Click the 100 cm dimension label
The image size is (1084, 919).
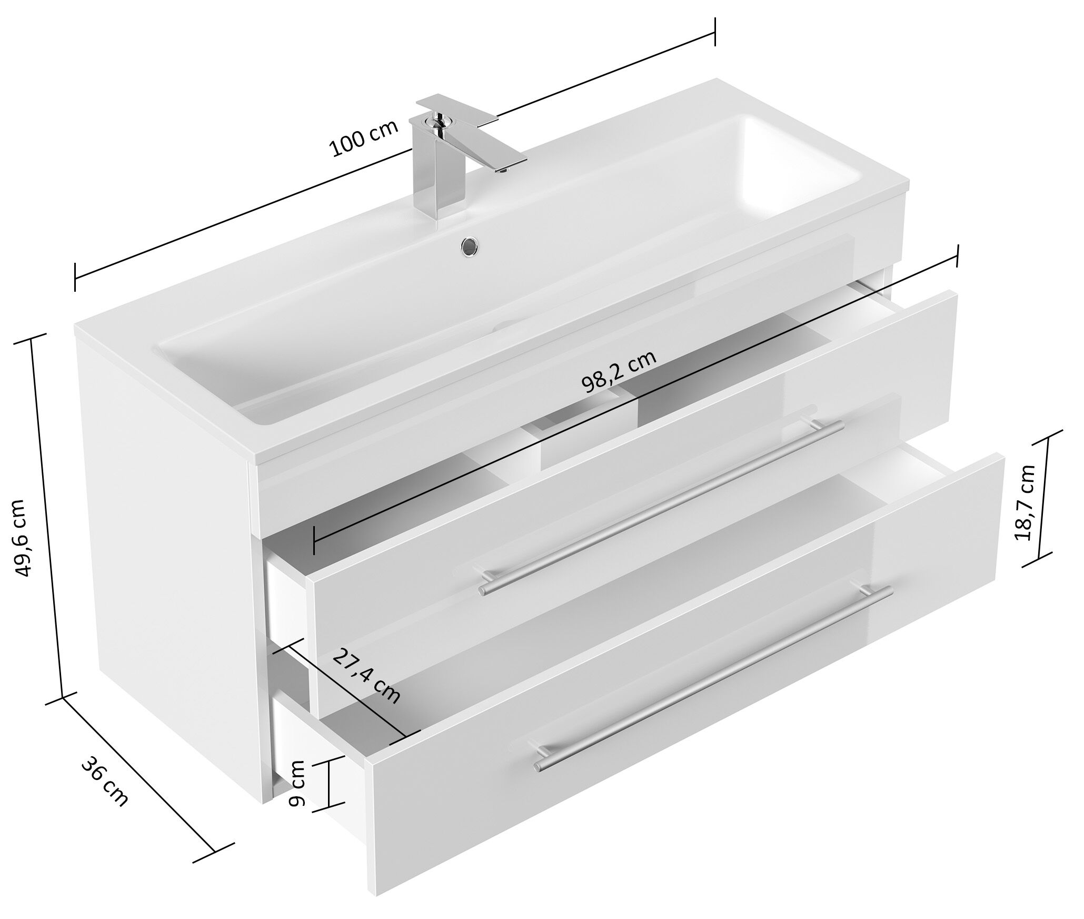(x=363, y=140)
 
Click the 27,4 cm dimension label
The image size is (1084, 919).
(x=366, y=676)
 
